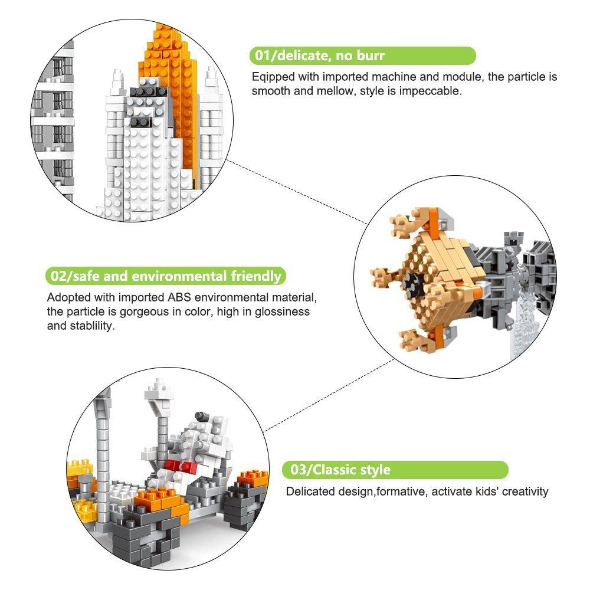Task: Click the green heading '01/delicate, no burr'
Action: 319,55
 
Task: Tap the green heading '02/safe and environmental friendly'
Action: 166,276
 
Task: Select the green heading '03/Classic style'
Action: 340,470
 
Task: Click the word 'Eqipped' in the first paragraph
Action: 273,77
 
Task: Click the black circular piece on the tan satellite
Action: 413,281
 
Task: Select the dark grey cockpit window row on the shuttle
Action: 148,92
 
